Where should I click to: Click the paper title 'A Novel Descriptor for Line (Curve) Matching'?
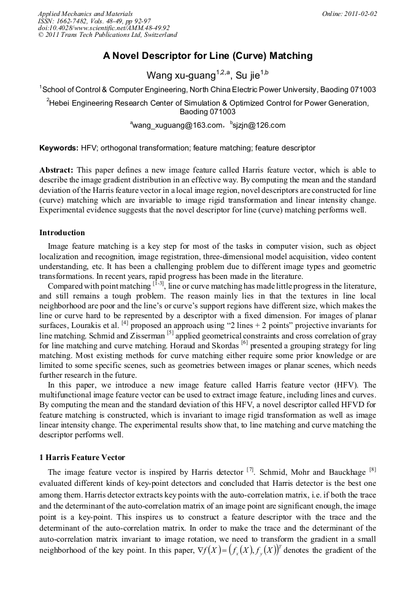coord(207,56)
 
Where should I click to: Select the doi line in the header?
coord(104,28)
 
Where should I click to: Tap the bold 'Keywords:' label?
coord(59,148)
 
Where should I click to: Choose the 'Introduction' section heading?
coord(62,233)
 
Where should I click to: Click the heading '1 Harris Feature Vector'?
coord(82,458)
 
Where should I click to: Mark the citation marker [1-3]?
coord(158,284)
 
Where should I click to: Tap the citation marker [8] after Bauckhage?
coord(372,470)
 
